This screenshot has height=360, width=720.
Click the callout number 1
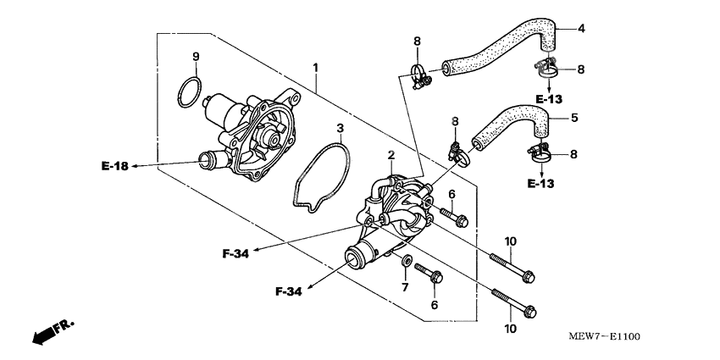pos(315,68)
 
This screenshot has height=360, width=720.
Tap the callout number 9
pos(196,57)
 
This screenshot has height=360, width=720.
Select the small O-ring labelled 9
pos(189,92)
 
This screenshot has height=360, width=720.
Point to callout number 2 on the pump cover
pos(390,156)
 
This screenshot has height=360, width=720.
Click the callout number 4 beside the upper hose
pos(581,29)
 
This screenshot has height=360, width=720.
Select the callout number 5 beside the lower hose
pos(574,118)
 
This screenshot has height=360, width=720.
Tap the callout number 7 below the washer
pos(405,287)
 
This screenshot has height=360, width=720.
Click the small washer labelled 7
pos(407,261)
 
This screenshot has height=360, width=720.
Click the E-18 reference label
pos(115,166)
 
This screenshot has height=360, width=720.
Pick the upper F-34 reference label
pos(235,253)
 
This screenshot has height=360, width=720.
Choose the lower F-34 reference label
pos(289,291)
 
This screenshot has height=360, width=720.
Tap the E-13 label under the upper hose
pos(549,99)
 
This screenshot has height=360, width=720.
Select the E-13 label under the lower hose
pos(541,184)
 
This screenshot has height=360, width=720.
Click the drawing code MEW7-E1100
pos(604,336)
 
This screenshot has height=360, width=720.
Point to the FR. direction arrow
pos(53,332)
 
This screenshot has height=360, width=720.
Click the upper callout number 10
pos(511,241)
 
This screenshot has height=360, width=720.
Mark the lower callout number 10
pos(511,329)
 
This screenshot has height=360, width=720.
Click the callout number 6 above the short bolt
pos(451,194)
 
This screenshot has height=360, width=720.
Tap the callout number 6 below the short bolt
pos(435,304)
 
